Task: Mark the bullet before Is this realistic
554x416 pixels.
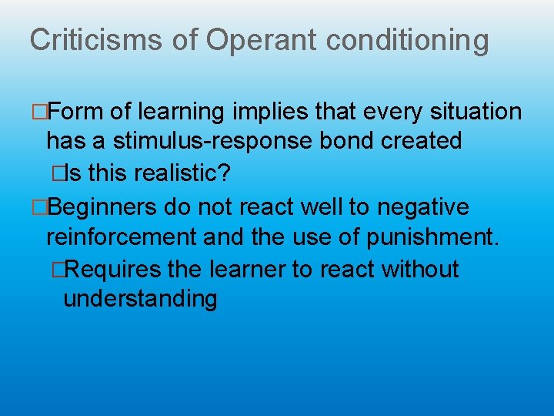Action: point(55,174)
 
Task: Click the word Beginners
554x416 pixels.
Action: point(105,206)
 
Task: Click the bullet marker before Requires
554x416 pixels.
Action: point(55,270)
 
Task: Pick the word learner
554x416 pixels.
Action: point(272,269)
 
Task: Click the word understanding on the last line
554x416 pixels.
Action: point(140,298)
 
